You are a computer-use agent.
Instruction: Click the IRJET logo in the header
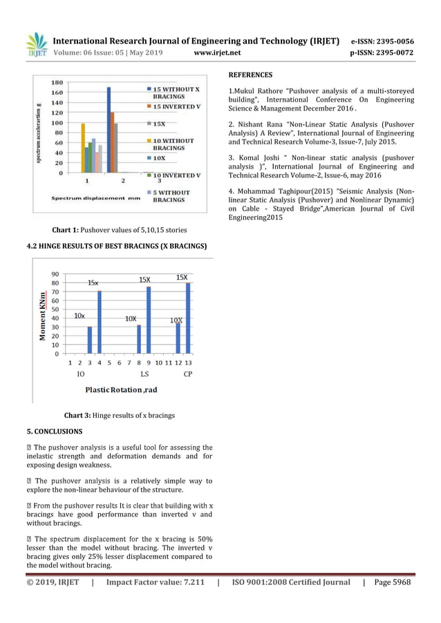click(36, 44)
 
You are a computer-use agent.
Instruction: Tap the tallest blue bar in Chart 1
click(109, 129)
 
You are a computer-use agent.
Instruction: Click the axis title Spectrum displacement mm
click(96, 198)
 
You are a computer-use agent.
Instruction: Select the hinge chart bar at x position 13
click(188, 318)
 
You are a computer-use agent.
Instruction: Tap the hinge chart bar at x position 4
click(100, 322)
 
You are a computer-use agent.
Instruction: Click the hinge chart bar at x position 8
click(139, 338)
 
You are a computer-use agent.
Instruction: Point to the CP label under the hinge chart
click(188, 374)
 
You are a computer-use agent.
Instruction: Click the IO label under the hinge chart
click(80, 374)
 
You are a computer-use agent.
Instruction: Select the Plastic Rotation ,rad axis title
click(121, 390)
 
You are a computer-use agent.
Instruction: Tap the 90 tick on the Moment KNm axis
click(59, 274)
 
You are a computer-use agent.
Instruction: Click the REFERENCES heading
click(250, 75)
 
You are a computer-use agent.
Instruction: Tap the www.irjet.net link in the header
click(217, 52)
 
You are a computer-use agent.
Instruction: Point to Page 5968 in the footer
click(392, 582)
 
